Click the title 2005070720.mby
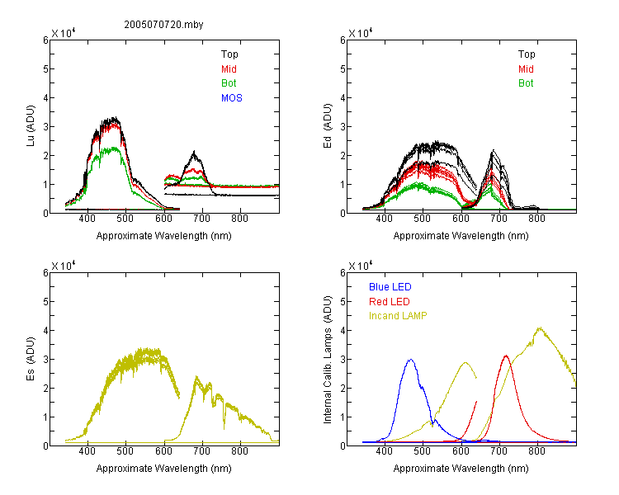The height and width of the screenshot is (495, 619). (x=163, y=25)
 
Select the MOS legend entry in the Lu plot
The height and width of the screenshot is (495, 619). (x=232, y=98)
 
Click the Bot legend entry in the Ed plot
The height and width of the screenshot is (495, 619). (x=526, y=83)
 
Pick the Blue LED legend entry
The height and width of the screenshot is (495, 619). (x=390, y=287)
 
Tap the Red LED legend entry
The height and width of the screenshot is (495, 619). (x=390, y=302)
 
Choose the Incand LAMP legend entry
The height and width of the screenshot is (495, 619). (x=398, y=316)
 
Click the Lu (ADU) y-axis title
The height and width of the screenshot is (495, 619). (x=31, y=125)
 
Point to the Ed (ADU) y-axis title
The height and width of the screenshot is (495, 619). (x=328, y=126)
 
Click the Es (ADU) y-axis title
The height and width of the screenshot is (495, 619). (x=31, y=358)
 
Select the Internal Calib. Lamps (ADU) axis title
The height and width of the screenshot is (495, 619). (x=328, y=360)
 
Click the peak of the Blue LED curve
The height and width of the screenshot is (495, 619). (x=411, y=360)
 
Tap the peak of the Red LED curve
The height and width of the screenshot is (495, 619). (x=506, y=356)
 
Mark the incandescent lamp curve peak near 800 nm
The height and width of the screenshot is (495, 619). (x=539, y=328)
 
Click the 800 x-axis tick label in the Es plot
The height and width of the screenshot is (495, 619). (x=239, y=451)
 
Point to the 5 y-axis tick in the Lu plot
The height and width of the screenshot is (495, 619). (x=45, y=69)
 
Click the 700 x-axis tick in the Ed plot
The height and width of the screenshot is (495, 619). (x=499, y=219)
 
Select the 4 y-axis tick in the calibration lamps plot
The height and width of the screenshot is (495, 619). (x=343, y=330)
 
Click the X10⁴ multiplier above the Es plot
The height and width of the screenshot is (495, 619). (x=64, y=266)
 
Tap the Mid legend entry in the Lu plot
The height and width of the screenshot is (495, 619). (x=229, y=69)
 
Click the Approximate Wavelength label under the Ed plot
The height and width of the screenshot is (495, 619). (x=461, y=236)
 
